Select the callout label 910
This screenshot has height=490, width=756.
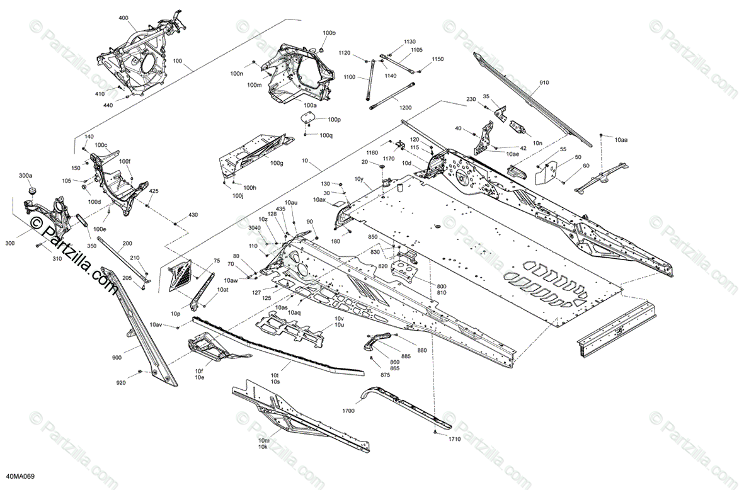[544, 83]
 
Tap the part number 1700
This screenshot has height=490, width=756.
[348, 411]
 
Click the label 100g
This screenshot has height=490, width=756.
[277, 163]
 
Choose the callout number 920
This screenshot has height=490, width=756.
[121, 383]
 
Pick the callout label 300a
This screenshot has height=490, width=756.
[26, 175]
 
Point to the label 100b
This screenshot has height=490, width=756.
[329, 33]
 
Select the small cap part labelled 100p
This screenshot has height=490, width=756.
[308, 120]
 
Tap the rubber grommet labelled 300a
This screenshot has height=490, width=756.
[30, 191]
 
